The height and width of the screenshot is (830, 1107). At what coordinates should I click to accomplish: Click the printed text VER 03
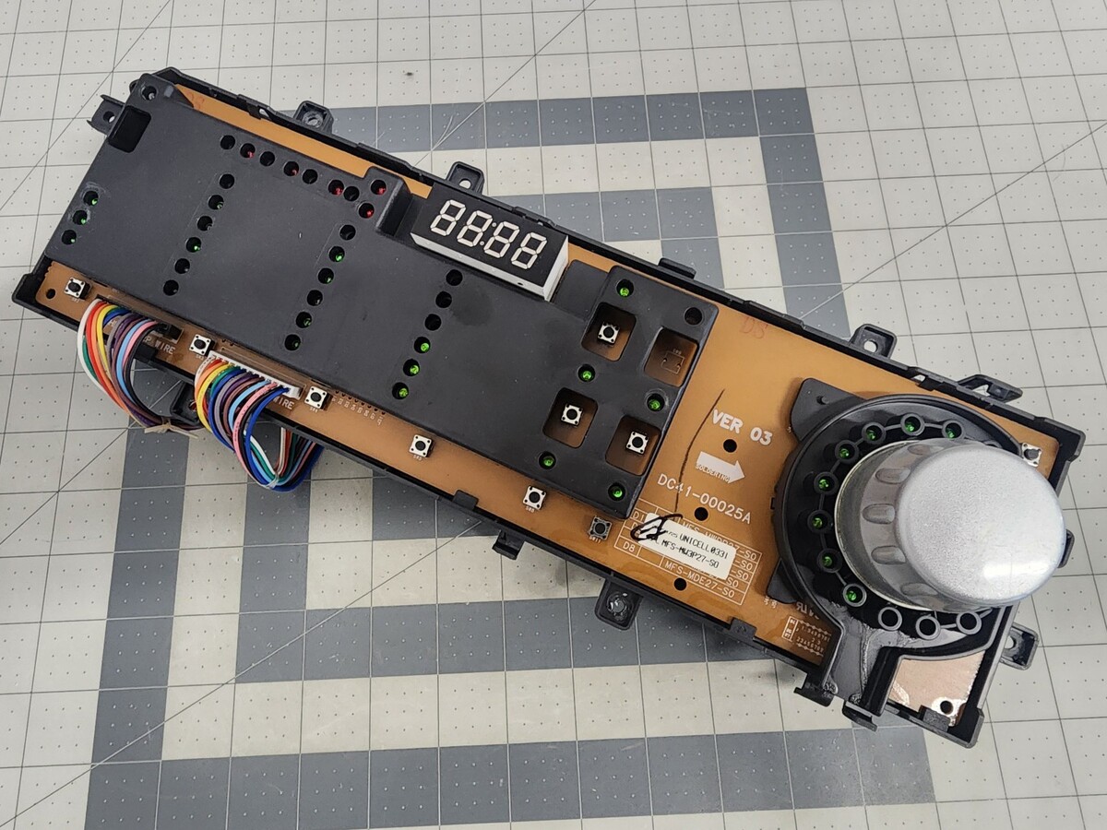click(741, 426)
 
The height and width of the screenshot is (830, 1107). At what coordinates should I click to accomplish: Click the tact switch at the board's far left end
click(76, 289)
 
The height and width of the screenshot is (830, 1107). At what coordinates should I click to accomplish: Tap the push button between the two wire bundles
click(200, 344)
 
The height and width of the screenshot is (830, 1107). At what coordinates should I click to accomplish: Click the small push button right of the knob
click(1030, 453)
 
